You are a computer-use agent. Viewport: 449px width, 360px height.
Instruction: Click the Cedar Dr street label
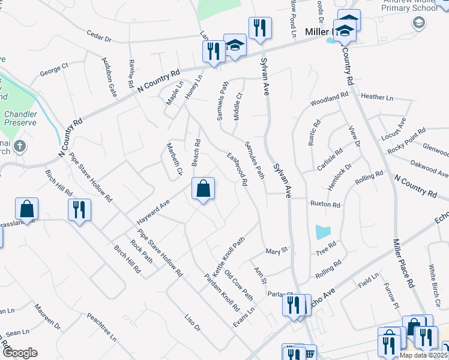click(99, 37)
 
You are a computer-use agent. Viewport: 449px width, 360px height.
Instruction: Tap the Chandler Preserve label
click(20, 118)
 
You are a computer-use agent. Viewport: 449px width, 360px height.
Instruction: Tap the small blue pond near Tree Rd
click(322, 232)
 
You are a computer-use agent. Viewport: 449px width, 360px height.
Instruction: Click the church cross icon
click(20, 146)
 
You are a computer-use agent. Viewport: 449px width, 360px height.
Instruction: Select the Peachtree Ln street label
click(101, 326)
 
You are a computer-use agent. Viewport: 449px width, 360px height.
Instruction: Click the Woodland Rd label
click(330, 99)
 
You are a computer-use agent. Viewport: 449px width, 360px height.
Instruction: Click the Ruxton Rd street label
click(325, 205)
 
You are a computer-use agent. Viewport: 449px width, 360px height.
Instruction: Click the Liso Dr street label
click(192, 323)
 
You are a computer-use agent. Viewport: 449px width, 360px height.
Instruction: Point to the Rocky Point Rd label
click(406, 134)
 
